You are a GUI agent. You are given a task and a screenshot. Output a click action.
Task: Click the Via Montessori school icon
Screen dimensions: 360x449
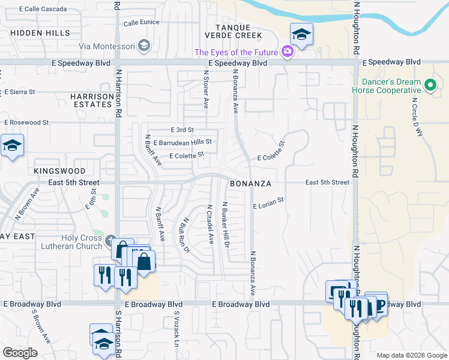click(x=143, y=45)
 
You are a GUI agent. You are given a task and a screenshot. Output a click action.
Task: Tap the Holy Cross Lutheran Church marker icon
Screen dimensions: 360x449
click(x=110, y=242)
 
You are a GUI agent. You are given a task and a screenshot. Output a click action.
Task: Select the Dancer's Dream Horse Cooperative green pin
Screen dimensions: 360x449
click(x=430, y=85)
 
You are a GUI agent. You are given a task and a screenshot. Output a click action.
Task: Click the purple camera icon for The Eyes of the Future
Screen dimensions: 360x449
click(x=288, y=52)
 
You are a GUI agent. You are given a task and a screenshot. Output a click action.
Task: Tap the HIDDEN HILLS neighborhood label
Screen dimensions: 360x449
click(x=40, y=33)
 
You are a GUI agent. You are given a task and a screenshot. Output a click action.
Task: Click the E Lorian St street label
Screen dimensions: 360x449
click(x=268, y=206)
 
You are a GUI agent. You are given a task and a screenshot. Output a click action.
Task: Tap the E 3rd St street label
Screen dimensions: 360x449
click(x=182, y=130)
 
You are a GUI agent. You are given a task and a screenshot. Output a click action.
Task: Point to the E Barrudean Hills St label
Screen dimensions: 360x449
click(x=182, y=143)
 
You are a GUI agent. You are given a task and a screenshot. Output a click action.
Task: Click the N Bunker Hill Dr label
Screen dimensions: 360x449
click(x=227, y=224)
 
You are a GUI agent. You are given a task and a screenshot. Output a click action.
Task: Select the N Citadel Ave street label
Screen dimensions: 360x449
click(x=210, y=224)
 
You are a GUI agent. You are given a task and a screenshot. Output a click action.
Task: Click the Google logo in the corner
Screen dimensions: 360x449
click(x=20, y=353)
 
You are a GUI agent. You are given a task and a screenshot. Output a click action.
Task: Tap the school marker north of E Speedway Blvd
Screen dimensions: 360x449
click(x=301, y=34)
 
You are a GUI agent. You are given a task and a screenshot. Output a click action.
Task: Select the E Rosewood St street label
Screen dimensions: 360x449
click(x=26, y=122)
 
